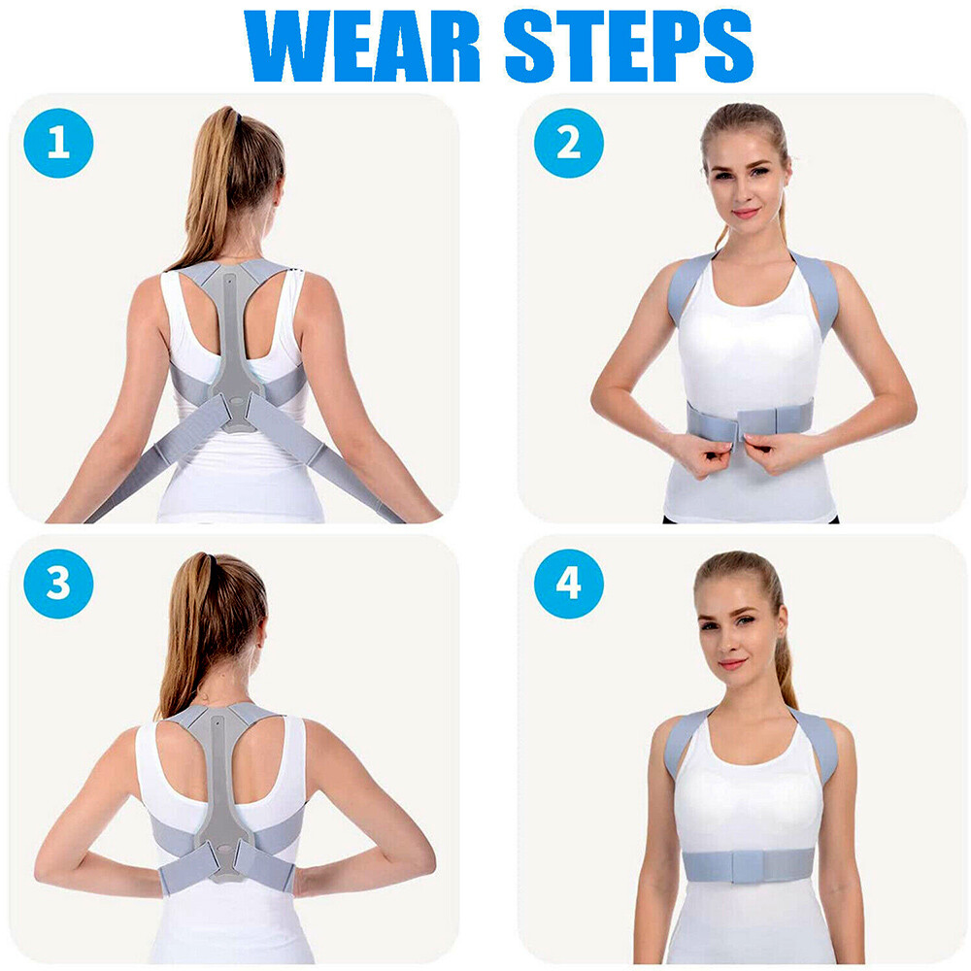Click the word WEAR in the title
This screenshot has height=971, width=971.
[x=361, y=46]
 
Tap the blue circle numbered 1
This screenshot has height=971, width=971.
[x=58, y=143]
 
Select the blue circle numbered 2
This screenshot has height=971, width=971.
[x=568, y=143]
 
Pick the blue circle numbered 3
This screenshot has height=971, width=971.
[x=58, y=584]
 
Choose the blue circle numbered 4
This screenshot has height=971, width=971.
[x=568, y=584]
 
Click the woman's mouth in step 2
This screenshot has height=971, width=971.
[x=746, y=213]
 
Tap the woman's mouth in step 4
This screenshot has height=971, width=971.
[x=733, y=663]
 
